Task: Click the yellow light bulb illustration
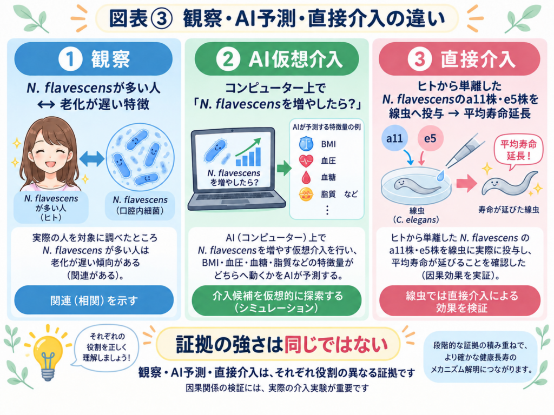click(48, 354)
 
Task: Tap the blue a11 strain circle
click(394, 138)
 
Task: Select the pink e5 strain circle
click(430, 138)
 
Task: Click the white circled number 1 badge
click(70, 59)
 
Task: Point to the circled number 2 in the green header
click(228, 59)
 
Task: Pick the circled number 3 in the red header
click(419, 59)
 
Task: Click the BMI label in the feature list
click(328, 144)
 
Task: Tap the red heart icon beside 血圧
click(306, 160)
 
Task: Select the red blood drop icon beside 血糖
click(306, 177)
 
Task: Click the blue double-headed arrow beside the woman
click(91, 159)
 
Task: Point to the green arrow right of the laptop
click(283, 168)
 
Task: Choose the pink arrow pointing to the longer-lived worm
click(466, 183)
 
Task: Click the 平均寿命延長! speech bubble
click(518, 151)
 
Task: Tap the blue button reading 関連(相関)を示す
click(94, 300)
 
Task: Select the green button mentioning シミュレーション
click(276, 301)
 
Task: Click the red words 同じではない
click(336, 345)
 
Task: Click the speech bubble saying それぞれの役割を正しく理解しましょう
click(107, 347)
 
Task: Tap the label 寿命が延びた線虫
click(509, 210)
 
